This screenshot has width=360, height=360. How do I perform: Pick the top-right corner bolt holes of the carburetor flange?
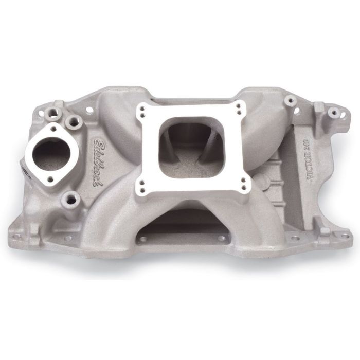pos(238,107)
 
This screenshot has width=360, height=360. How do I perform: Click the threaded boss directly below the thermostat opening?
pos(70,199)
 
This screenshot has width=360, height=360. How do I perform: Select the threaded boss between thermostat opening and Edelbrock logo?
pos(74,121)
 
